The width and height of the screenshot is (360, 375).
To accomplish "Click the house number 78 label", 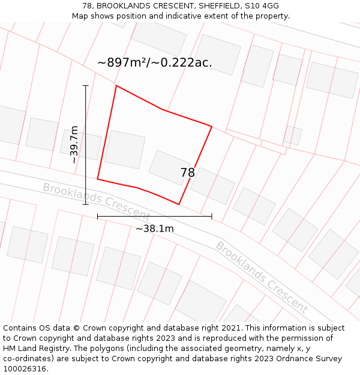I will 187,173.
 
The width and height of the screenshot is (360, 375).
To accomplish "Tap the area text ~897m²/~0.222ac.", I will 154,62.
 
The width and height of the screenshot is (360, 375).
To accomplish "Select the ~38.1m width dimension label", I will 154,229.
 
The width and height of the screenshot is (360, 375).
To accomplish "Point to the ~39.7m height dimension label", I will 74,145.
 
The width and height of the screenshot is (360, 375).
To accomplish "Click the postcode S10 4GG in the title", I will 262,6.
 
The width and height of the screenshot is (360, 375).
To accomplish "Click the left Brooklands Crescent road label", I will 95,201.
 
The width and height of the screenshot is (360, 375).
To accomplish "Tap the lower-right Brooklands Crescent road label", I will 262,278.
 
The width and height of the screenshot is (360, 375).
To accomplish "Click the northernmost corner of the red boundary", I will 116,86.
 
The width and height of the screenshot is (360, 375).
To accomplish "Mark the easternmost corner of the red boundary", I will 212,126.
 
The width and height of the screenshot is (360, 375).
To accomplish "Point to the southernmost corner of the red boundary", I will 179,205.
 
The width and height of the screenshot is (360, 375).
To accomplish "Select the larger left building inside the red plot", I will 125,149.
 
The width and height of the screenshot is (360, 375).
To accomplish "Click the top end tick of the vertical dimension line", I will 85,86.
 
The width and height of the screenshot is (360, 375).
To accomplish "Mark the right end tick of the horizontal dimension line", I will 212,217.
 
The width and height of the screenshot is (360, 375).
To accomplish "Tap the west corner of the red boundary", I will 97,179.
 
